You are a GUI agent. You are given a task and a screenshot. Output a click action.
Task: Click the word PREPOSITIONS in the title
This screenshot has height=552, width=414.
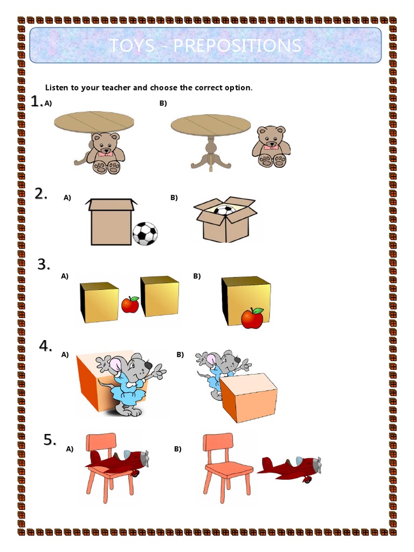coord(237,46)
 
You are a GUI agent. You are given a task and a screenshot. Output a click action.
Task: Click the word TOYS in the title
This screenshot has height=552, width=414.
coord(131,46)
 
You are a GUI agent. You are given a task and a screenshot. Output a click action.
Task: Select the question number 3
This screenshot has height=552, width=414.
coord(44,265)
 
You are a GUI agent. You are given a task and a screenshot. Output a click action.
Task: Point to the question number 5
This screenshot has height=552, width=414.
coord(50,440)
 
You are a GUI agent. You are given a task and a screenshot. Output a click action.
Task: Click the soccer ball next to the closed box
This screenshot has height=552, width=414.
coord(145,233)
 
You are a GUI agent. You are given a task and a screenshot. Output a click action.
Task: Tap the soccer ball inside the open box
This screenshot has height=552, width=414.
coord(223,211)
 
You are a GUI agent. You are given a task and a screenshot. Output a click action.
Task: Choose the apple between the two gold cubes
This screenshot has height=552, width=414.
coord(130,305)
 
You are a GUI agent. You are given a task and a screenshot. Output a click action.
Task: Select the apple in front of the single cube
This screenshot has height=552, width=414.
coord(252,318)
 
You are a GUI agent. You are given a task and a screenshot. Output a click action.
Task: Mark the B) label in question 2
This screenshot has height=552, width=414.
coord(174,198)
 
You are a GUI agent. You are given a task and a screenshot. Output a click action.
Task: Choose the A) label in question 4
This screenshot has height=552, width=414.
coord(65,355)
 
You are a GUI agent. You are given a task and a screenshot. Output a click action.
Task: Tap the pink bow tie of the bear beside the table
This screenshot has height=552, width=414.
coord(271,147)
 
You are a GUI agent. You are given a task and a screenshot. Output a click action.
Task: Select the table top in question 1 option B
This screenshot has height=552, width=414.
coord(211,126)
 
